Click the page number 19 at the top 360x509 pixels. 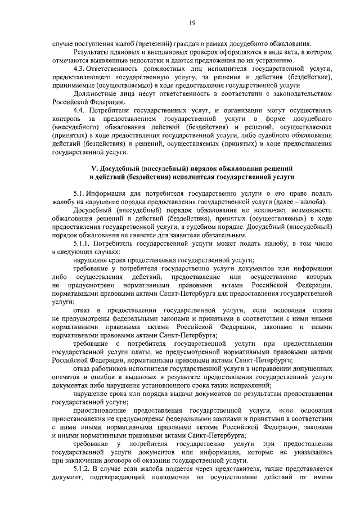[191, 22]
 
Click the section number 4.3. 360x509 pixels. [79, 69]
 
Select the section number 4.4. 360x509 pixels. [79, 111]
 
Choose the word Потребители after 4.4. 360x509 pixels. [111, 111]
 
